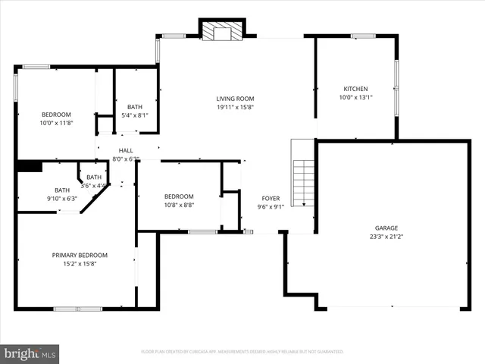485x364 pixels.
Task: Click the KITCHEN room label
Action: click(355, 89)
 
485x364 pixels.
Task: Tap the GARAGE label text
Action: click(386, 227)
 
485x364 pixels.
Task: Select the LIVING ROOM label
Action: click(235, 99)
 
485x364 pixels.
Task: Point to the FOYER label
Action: click(271, 198)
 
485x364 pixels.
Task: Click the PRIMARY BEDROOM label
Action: click(80, 255)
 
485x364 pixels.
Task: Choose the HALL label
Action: click(126, 151)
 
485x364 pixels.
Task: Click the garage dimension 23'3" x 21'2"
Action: click(386, 236)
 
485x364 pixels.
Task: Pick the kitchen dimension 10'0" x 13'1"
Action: click(355, 97)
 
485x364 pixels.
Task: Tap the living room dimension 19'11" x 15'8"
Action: click(235, 107)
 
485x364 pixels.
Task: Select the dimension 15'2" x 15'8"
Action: click(80, 263)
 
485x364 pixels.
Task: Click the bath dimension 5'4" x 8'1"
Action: click(135, 115)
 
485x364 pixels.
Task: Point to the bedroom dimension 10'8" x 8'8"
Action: click(179, 205)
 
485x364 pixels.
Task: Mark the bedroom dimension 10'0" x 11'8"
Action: click(56, 123)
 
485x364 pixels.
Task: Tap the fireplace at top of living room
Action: click(223, 30)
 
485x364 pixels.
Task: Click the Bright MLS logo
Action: click(30, 353)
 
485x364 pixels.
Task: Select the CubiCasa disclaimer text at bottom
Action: click(242, 352)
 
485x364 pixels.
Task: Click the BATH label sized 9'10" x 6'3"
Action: click(62, 190)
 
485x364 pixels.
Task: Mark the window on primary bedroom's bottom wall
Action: click(77, 308)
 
